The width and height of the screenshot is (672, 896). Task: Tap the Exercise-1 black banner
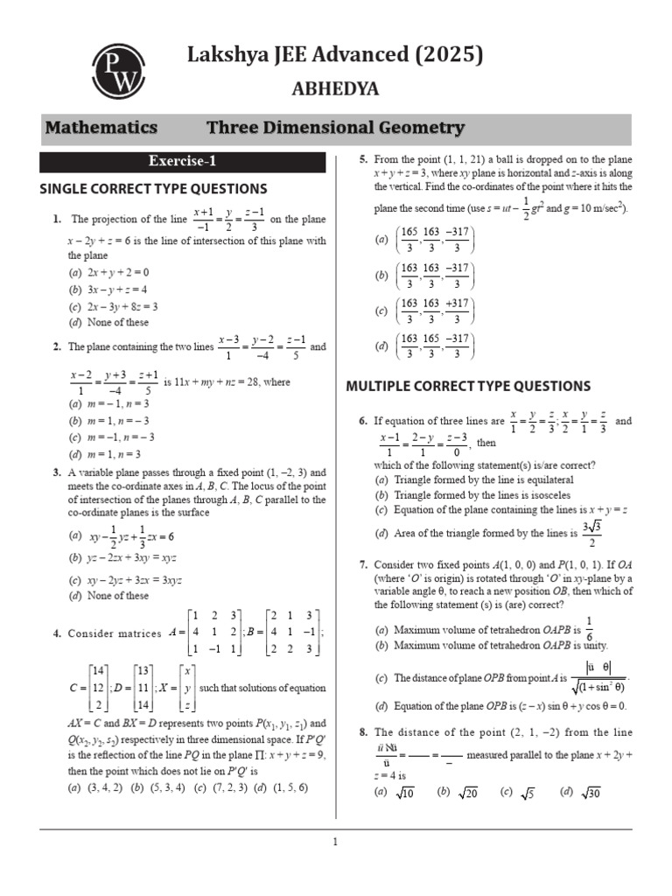[181, 162]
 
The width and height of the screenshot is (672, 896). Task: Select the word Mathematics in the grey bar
[101, 128]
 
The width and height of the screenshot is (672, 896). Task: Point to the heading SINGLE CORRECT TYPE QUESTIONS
[154, 189]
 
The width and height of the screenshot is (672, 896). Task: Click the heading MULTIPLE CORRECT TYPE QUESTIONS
[468, 386]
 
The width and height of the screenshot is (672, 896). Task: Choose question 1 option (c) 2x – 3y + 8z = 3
[113, 306]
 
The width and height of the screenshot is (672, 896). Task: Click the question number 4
[56, 633]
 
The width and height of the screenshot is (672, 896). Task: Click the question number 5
[363, 159]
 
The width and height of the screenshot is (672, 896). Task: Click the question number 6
[363, 421]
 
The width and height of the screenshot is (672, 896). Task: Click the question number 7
[363, 564]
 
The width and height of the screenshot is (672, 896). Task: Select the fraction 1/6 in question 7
[588, 629]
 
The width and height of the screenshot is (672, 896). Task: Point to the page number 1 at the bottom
[334, 843]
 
